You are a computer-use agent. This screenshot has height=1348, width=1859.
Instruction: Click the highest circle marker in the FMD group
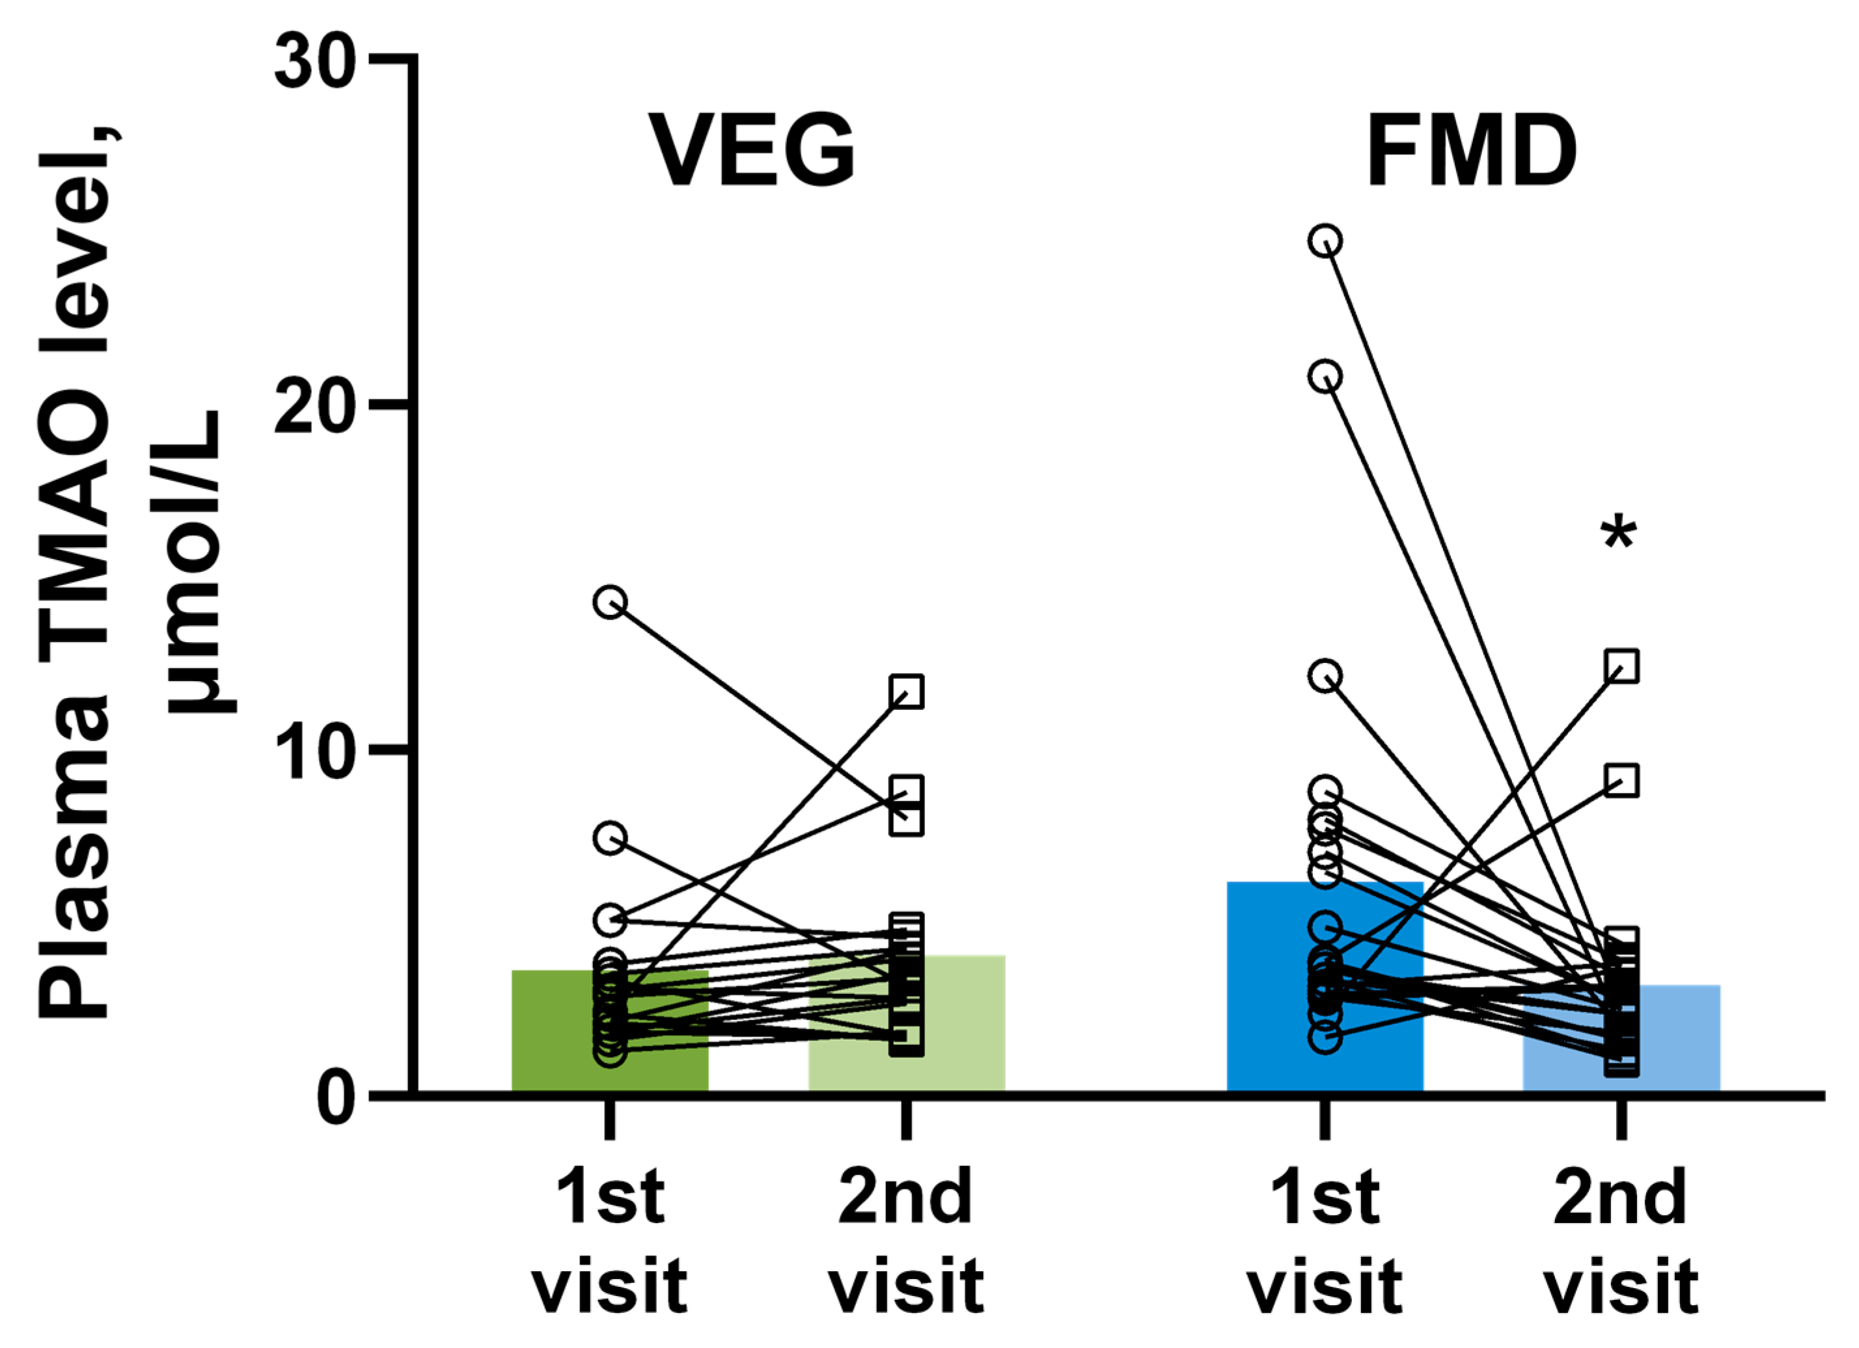click(x=1325, y=241)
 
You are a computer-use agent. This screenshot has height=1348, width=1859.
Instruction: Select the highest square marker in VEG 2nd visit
click(x=907, y=692)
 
